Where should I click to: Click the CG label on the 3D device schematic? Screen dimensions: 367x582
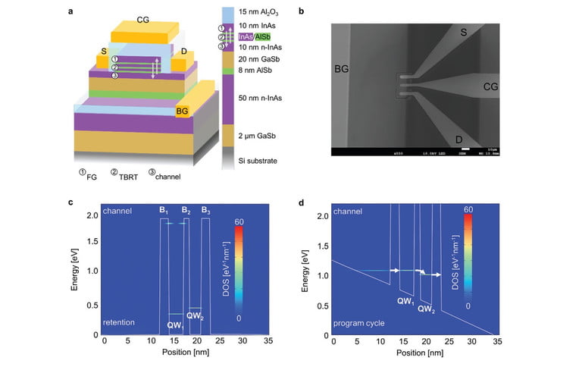point(142,19)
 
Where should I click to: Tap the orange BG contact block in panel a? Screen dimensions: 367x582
point(182,111)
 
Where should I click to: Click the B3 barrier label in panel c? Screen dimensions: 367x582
point(205,210)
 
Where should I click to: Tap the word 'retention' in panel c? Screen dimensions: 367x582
point(119,322)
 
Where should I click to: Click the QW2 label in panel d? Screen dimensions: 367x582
point(427,310)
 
